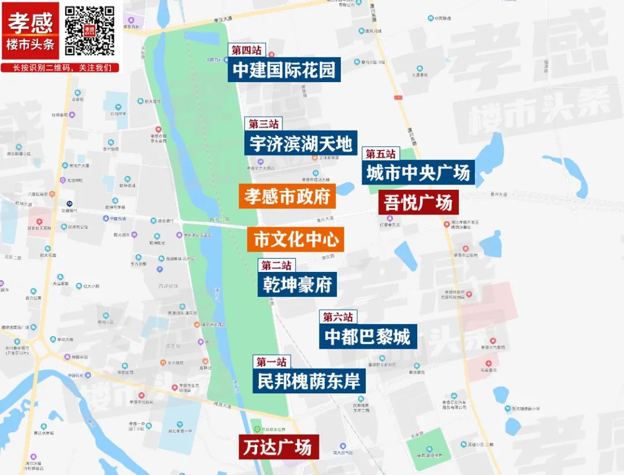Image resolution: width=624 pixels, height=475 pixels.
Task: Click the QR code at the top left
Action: pos(90,30)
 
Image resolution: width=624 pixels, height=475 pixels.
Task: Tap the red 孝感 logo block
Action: pos(30,30)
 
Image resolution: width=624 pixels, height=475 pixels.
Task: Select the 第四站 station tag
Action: pos(247,50)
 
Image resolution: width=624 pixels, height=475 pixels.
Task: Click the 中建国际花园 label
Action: pos(284,70)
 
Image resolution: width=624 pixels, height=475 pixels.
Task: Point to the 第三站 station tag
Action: pos(264,124)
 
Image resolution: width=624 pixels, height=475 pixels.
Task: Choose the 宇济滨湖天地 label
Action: pos(300,143)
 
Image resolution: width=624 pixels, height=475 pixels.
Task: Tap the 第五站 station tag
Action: pos(381,154)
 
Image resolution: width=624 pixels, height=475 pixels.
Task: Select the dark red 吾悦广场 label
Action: pos(419,203)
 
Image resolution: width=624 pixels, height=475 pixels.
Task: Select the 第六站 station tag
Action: pos(338,317)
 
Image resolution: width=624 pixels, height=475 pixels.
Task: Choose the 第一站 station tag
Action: pos(272,362)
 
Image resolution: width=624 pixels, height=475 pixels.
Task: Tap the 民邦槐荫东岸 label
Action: pos(309,381)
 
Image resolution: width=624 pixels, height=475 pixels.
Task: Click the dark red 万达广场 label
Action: pos(279,447)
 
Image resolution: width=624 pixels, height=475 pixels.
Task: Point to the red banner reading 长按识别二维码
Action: pos(62,68)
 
